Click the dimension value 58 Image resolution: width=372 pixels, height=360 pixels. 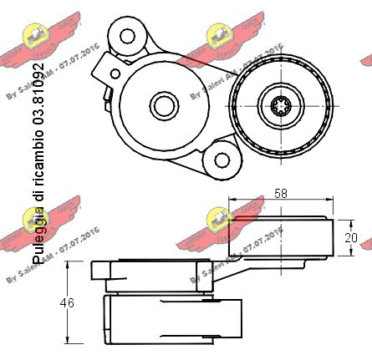280,193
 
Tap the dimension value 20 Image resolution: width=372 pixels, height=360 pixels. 351,237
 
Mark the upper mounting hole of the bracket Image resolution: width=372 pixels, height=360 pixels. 128,36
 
